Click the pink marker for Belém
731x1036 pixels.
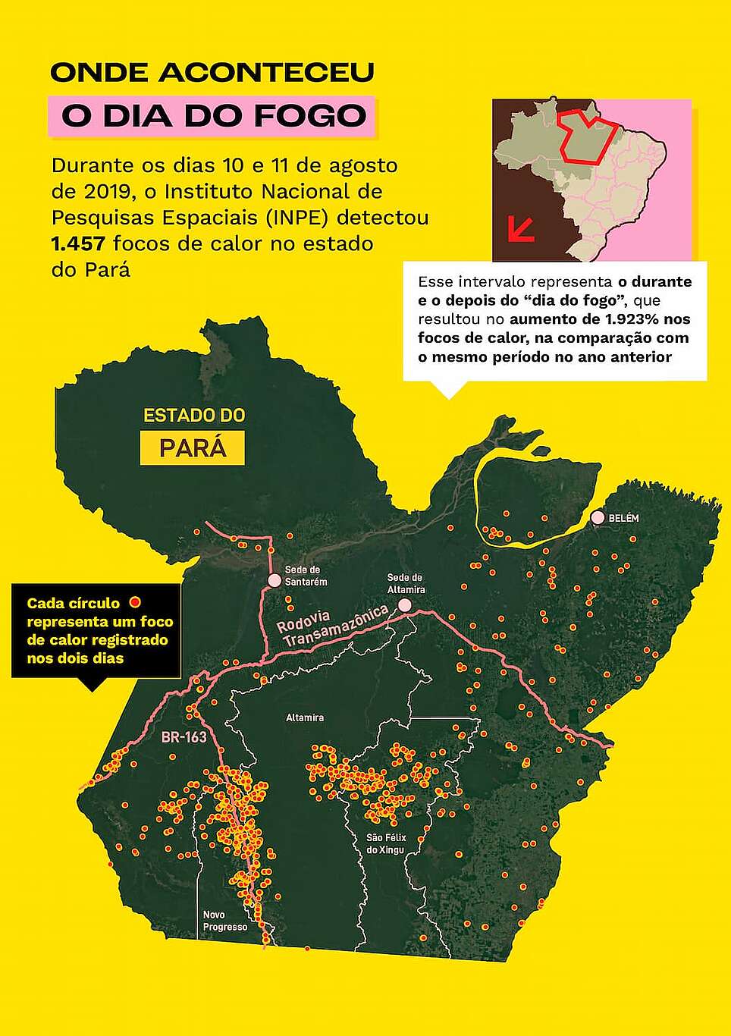[598, 518]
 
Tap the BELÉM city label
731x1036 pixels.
[623, 519]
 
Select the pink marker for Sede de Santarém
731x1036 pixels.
[275, 580]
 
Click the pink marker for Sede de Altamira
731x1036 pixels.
[405, 605]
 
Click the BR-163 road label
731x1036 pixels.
[184, 736]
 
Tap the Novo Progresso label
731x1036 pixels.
[224, 921]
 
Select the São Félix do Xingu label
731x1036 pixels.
[386, 843]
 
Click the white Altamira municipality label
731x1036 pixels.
[305, 717]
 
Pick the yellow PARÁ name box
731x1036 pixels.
[193, 447]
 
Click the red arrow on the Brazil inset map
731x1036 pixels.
[521, 228]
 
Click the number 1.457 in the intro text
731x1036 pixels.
[77, 243]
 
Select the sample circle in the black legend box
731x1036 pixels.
[135, 603]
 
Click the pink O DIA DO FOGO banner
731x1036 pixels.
[213, 116]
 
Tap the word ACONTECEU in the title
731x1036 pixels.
[266, 73]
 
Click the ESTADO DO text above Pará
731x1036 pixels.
[194, 416]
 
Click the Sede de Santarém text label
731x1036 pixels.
[306, 576]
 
